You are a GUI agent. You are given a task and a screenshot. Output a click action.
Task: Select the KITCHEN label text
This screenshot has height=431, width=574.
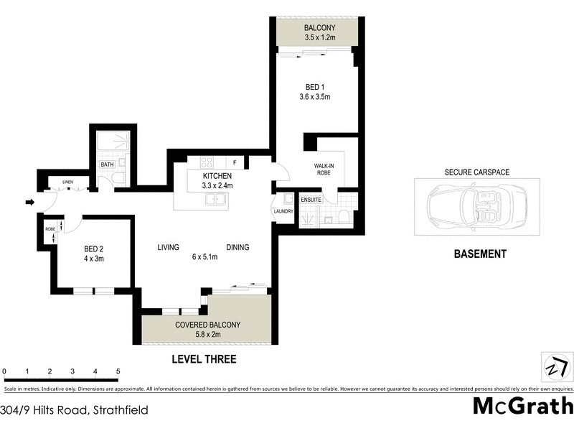coord(216,176)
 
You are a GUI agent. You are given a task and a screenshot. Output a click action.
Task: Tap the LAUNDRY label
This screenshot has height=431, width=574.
coord(281,210)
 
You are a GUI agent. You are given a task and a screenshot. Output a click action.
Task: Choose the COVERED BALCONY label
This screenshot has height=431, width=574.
coord(208,325)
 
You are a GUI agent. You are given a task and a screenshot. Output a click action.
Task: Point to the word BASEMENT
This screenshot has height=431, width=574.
coord(480,254)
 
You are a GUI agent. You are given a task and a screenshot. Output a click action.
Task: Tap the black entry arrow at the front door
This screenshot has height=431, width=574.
coord(29,203)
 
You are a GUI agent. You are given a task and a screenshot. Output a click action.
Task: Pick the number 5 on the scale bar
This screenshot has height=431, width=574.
coord(118,371)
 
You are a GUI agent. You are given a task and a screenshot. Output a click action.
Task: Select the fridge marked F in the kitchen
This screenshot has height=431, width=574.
coord(235,162)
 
